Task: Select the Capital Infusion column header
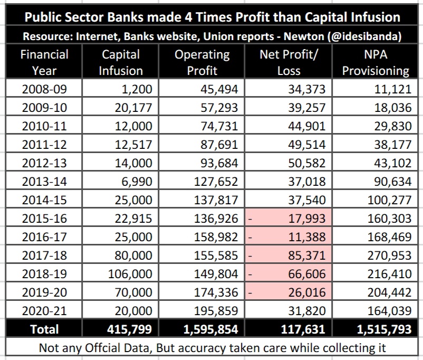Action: click(121, 62)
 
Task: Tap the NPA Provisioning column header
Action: click(376, 62)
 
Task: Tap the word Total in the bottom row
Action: click(44, 329)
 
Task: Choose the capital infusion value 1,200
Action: click(137, 89)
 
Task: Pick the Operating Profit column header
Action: click(202, 62)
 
